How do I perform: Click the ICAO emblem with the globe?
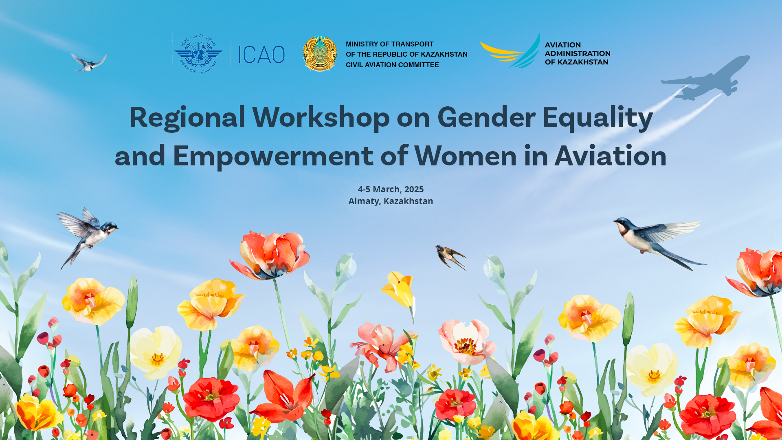click(x=198, y=54)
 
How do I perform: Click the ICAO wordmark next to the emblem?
click(x=261, y=55)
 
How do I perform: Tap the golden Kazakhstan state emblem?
click(x=320, y=54)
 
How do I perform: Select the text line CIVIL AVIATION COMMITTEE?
click(x=392, y=65)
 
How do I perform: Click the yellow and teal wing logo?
click(x=511, y=52)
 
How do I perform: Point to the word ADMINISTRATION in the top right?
click(x=577, y=53)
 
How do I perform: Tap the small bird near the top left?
click(x=89, y=62)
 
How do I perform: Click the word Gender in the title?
click(x=486, y=117)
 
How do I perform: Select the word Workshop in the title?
click(x=321, y=117)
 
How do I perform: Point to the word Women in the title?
click(x=466, y=156)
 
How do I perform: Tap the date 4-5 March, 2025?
click(x=391, y=189)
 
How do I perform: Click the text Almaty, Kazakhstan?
click(x=391, y=201)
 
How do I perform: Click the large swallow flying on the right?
click(x=656, y=238)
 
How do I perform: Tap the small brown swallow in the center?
click(x=450, y=256)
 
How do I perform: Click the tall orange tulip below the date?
click(x=271, y=255)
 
